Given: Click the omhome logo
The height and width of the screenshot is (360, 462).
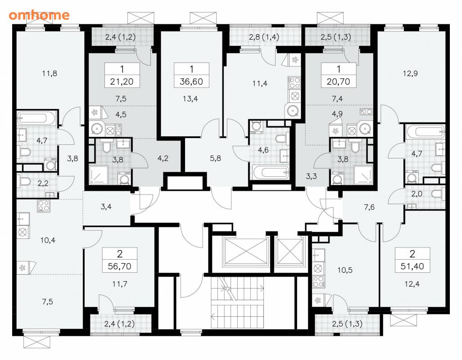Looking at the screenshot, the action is click(39, 15).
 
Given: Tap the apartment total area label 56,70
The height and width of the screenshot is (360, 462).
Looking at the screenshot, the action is click(119, 266).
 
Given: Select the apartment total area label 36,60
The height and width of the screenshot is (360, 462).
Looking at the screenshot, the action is click(191, 81).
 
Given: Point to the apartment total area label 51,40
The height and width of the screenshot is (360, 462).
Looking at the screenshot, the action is click(412, 266).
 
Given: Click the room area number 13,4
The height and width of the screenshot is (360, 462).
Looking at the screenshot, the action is click(190, 99).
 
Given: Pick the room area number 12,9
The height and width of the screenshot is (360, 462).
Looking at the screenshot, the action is click(410, 74).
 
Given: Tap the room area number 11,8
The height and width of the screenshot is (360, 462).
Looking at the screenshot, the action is click(50, 74).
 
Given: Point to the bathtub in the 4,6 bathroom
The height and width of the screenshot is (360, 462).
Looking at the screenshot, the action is click(271, 171).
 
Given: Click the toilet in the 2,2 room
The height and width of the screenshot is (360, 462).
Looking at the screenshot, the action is click(24, 182).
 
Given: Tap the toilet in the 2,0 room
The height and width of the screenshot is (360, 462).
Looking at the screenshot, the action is click(438, 194).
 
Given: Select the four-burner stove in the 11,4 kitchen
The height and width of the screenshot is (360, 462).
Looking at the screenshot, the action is click(294, 83).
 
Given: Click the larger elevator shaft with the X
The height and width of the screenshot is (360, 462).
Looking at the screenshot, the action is click(245, 252).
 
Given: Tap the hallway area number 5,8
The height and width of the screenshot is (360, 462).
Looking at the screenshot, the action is click(215, 159).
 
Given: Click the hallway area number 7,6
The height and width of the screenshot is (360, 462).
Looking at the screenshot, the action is click(369, 207).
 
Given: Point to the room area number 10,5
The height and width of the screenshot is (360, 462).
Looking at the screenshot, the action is click(345, 270).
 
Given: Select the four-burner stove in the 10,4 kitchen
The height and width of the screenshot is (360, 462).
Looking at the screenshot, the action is click(44, 206).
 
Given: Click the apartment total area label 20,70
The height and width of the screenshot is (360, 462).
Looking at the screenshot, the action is click(338, 81).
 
